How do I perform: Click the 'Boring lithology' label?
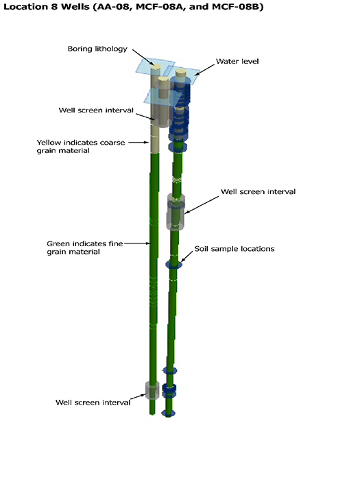[97, 49]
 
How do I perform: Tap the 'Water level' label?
[237, 61]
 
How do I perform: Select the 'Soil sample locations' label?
[235, 248]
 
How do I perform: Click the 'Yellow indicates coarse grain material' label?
[81, 147]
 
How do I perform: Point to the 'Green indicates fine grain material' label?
[85, 248]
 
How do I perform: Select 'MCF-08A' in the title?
[160, 7]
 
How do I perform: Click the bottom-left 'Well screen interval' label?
[93, 403]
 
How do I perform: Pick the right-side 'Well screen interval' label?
[258, 191]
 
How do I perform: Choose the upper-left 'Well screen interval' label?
[96, 110]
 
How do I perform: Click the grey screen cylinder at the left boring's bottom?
[152, 390]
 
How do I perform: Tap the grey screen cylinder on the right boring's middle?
[176, 212]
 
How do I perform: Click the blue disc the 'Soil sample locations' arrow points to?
[174, 264]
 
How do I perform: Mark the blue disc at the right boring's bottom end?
[169, 413]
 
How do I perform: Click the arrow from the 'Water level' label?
[204, 70]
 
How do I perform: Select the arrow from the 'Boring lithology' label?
[143, 57]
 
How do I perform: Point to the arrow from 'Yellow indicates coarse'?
[139, 143]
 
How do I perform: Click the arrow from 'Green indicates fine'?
[137, 243]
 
